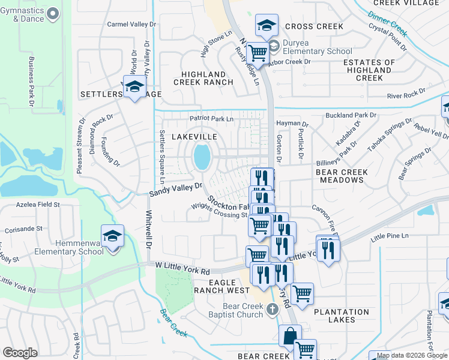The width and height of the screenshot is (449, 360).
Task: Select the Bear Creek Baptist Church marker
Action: pos(273,310)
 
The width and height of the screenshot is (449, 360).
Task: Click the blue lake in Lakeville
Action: pos(202,158)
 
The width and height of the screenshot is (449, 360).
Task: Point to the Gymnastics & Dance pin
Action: pos(53,13)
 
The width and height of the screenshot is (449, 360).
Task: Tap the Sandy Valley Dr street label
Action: pos(176,190)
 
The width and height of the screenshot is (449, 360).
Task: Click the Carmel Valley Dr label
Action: pos(131,25)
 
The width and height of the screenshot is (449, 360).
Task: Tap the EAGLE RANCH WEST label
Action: pos(220,286)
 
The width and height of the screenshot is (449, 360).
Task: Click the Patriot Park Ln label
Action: pos(211,119)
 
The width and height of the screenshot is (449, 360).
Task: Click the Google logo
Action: pos(20,353)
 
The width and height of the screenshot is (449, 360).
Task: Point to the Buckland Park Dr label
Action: pos(351,115)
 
